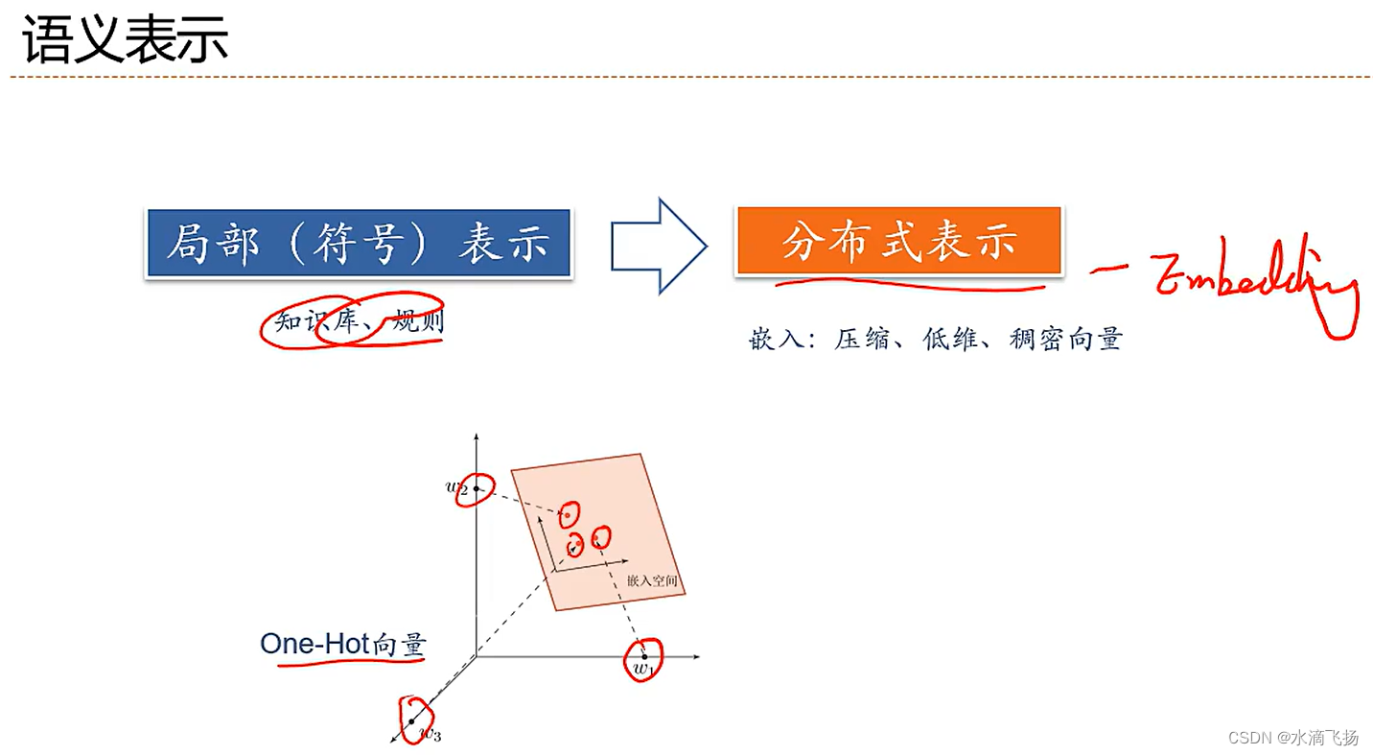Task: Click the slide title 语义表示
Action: [x=125, y=41]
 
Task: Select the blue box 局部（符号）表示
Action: [x=358, y=244]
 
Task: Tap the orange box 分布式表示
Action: [x=898, y=242]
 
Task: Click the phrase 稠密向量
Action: [x=1065, y=339]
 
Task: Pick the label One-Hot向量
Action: [x=342, y=645]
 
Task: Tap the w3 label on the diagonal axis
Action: [x=431, y=736]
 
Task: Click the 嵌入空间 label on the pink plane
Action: [x=652, y=581]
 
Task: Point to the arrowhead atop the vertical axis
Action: [x=476, y=437]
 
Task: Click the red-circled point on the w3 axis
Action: [x=412, y=720]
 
